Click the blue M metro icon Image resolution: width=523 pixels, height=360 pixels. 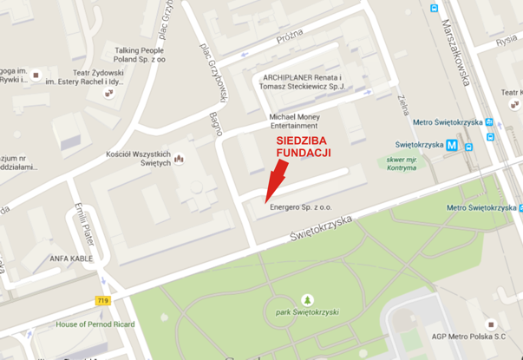point(452,146)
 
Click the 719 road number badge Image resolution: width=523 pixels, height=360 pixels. point(104,298)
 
